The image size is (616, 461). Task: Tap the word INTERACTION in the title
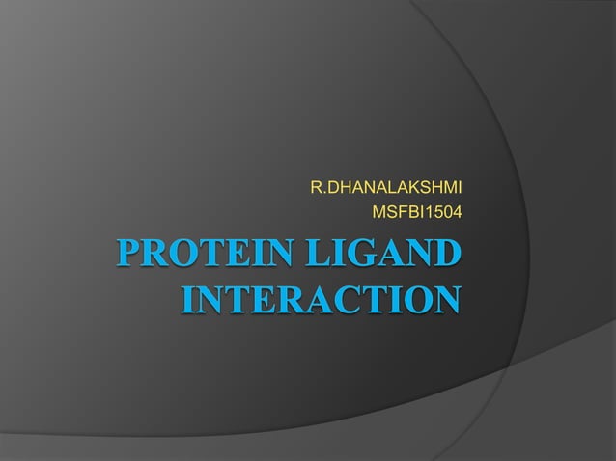320,297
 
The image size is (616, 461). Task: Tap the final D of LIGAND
445,256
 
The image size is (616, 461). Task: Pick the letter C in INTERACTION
353,297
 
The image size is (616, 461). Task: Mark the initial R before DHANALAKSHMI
315,184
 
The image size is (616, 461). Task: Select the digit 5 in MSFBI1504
434,208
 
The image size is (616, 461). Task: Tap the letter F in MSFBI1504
399,208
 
